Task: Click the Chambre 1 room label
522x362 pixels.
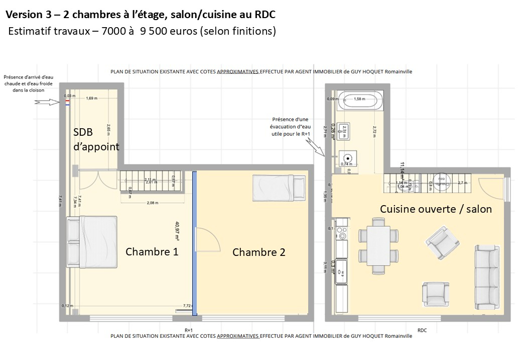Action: point(152,252)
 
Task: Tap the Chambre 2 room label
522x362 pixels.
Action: point(258,252)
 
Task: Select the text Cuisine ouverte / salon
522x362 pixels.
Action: point(436,209)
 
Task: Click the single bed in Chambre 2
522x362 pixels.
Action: point(279,186)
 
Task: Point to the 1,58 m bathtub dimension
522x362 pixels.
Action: point(359,99)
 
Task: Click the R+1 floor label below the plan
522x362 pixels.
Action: point(189,330)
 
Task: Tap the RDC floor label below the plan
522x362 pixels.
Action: point(422,330)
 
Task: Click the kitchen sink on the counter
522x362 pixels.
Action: point(343,271)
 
